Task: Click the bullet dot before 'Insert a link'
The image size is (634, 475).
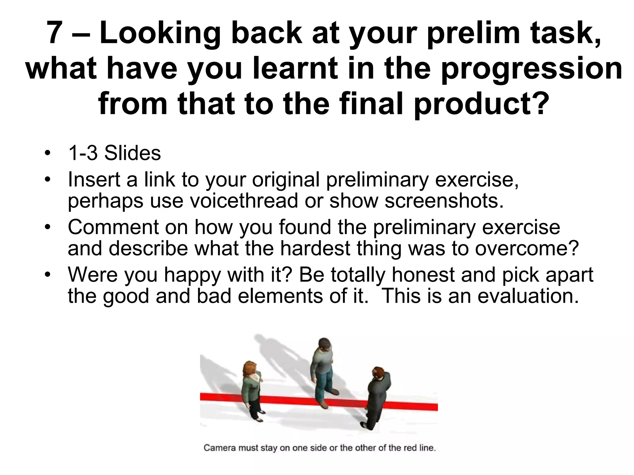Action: [47, 180]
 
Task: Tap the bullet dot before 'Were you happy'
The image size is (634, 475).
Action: [47, 275]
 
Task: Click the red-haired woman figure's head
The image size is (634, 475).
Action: [250, 369]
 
